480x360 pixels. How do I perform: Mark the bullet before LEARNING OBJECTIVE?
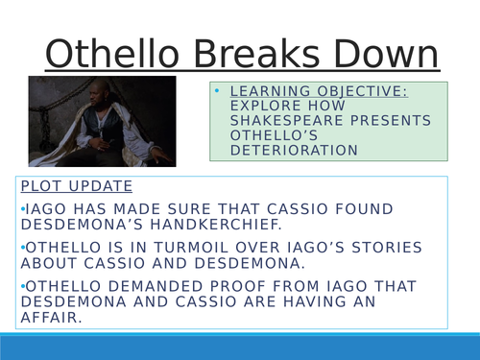pyautogui.click(x=219, y=92)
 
